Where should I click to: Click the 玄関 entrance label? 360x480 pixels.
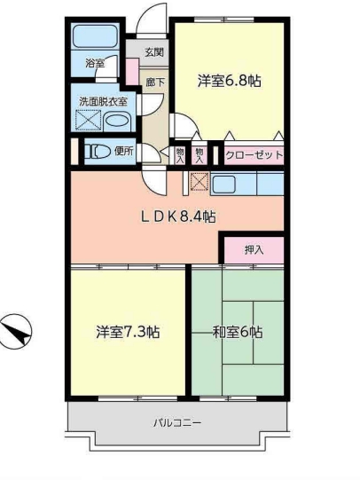[x=154, y=52]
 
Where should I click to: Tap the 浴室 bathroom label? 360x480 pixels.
[x=95, y=63]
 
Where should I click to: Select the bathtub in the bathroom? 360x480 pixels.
[x=96, y=35]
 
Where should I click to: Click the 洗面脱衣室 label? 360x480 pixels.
[x=104, y=102]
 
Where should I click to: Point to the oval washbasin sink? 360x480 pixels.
[x=117, y=121]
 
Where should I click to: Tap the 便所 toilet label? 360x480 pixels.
[x=124, y=151]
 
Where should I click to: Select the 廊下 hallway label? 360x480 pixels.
[x=155, y=83]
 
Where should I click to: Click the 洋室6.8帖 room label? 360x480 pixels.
[x=229, y=82]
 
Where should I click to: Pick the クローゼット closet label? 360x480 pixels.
[x=254, y=155]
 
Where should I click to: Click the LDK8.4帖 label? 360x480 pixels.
[x=178, y=217]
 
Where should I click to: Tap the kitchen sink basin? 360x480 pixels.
[x=223, y=184]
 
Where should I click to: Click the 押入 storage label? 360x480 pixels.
[x=254, y=250]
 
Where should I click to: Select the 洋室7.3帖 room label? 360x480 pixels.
[x=128, y=332]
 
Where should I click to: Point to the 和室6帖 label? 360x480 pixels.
[x=238, y=332]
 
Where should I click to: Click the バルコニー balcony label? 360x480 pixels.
[x=177, y=423]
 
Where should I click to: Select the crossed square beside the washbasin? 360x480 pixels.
[x=89, y=120]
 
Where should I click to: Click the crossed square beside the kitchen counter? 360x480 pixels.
[x=200, y=182]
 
